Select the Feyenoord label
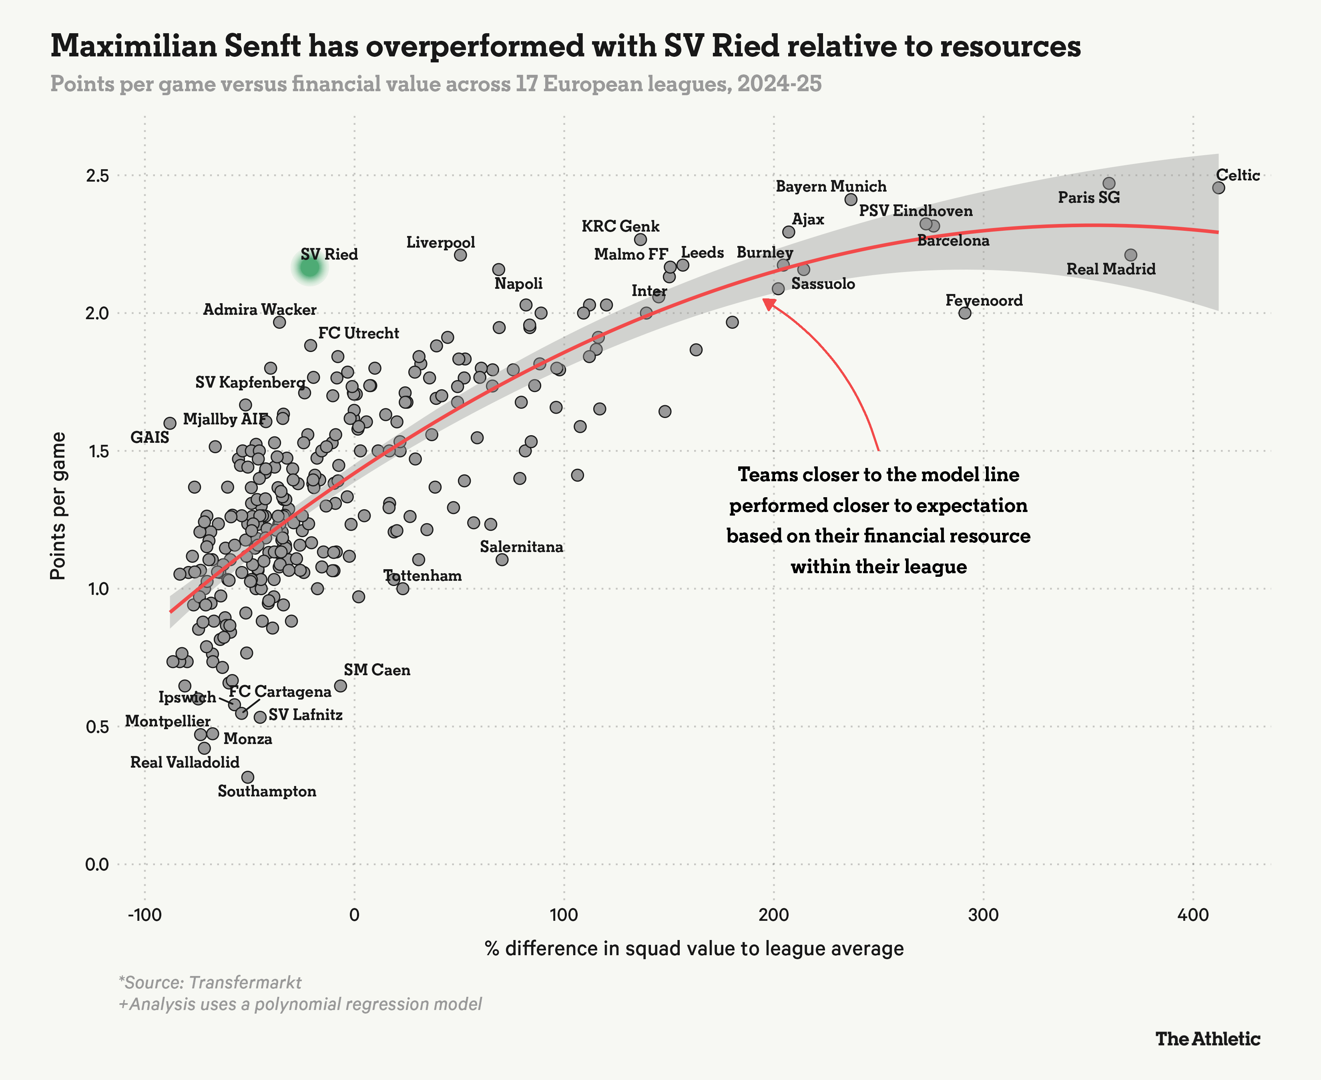click(984, 300)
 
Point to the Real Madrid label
click(1110, 269)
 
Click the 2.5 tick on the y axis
click(97, 176)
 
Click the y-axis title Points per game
click(58, 506)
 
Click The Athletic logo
click(1208, 1039)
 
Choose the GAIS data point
click(170, 423)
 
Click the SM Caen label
click(377, 670)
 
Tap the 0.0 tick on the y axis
click(97, 864)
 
